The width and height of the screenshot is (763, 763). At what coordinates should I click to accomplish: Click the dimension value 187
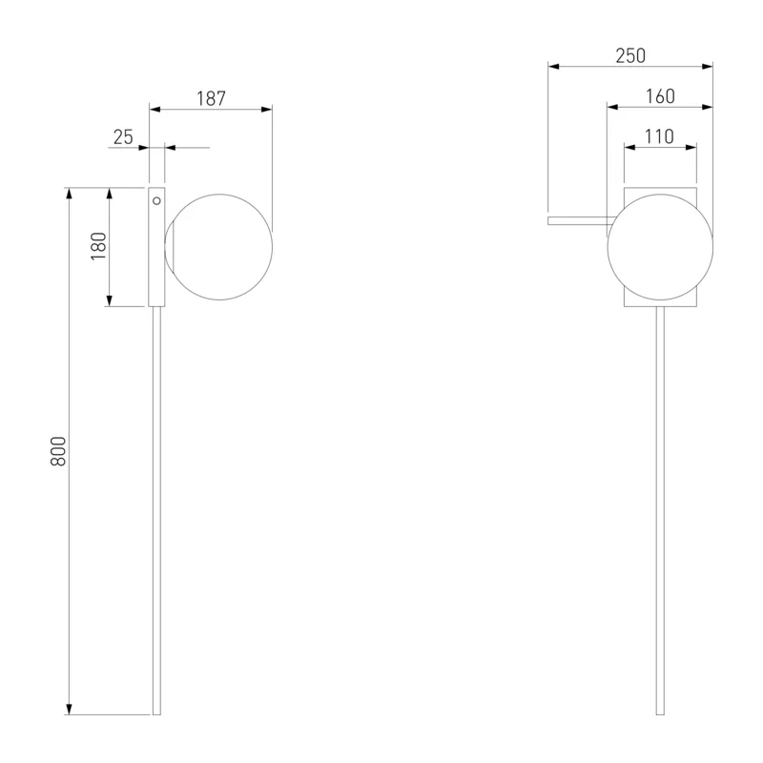[211, 99]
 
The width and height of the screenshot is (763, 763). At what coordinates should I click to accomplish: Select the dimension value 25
[123, 137]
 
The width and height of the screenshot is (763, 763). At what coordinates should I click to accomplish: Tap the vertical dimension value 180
[99, 246]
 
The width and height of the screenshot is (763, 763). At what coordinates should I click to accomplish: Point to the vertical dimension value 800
[58, 451]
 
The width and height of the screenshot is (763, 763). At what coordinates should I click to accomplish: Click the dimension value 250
[630, 56]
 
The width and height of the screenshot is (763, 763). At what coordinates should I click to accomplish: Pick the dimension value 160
[660, 96]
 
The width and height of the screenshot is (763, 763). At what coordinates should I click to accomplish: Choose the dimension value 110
[659, 136]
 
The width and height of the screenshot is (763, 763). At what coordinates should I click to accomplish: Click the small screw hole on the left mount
[156, 200]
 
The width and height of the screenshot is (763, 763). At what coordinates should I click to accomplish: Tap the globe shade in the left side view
[218, 247]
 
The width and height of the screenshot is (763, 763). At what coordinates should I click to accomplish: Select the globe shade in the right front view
[660, 247]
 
